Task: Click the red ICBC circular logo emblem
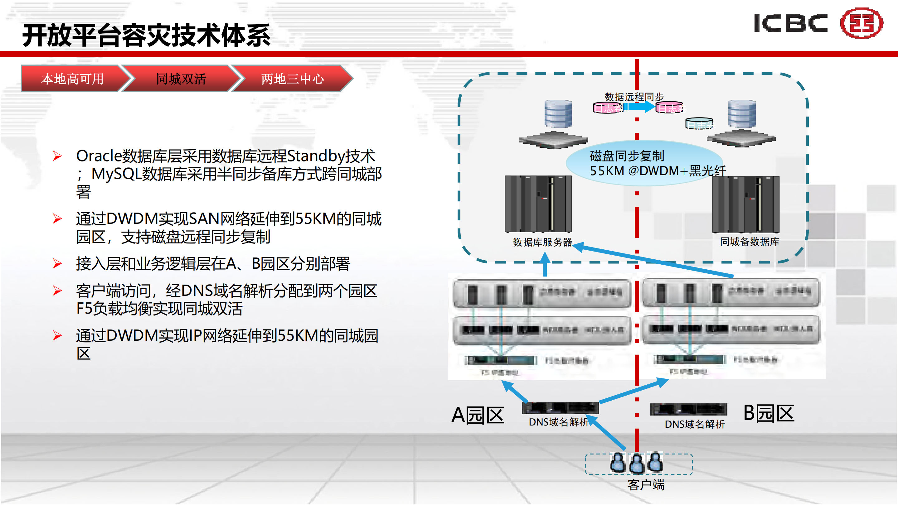tap(862, 23)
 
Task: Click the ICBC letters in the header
tap(790, 23)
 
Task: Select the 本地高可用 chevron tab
tap(72, 79)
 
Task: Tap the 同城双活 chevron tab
tap(181, 79)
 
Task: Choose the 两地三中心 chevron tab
tap(292, 79)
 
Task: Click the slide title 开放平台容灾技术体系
tap(146, 35)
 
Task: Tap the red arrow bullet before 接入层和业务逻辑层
tap(57, 264)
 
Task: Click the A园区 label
tap(478, 415)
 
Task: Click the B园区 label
tap(769, 413)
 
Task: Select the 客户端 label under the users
tap(646, 485)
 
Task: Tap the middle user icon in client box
tap(637, 464)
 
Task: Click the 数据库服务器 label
tap(542, 242)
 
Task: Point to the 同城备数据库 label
tap(750, 241)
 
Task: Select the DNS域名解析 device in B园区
tap(688, 409)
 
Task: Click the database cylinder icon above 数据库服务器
tap(558, 113)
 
